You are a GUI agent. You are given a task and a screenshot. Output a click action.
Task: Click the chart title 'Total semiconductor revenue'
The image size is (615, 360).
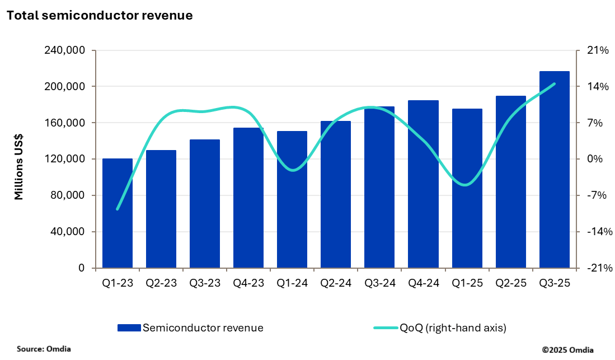tap(100, 16)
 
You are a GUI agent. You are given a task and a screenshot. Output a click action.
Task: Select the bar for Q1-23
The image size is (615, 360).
tap(118, 213)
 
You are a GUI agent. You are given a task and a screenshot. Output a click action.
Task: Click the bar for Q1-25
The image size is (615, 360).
tap(467, 188)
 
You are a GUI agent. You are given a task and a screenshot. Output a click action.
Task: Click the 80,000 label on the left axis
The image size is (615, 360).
tap(67, 195)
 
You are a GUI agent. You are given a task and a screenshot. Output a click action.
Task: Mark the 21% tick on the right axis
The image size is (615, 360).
tap(597, 50)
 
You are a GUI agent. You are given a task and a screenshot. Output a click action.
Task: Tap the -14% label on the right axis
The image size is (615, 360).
tap(596, 232)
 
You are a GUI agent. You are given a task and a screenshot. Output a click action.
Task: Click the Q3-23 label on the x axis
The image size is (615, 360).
tap(205, 283)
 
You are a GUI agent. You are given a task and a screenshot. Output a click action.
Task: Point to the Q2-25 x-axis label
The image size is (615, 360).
tap(510, 283)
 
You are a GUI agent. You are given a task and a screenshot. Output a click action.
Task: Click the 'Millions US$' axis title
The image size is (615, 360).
tap(19, 167)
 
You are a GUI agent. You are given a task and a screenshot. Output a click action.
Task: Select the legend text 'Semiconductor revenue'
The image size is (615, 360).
tap(203, 328)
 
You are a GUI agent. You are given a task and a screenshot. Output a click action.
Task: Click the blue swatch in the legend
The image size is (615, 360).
tap(129, 328)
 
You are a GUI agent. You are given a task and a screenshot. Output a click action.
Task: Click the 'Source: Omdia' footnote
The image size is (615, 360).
tap(44, 349)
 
